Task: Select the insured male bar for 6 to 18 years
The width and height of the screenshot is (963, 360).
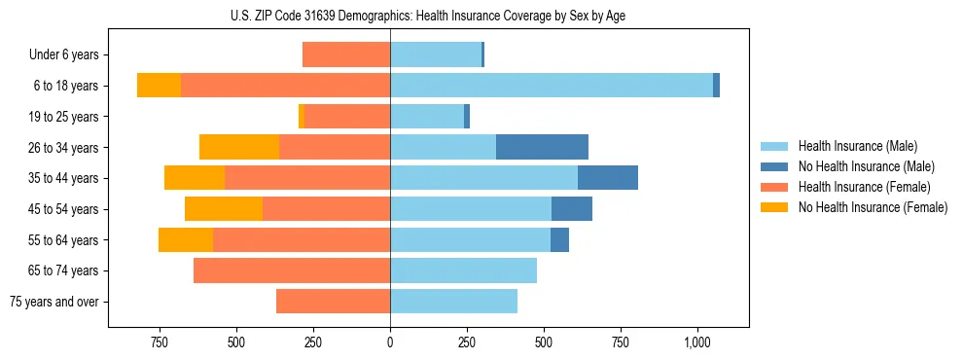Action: point(552,86)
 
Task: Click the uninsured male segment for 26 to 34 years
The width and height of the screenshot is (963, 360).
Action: point(542,147)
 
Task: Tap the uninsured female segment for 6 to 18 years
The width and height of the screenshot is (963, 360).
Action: point(159,86)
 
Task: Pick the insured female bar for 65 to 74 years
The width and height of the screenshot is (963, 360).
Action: point(292,270)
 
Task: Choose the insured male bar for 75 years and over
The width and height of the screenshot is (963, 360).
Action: point(453,302)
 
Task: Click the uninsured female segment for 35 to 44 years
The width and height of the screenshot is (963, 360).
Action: point(195,178)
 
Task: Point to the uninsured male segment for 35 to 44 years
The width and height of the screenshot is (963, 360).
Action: point(608,178)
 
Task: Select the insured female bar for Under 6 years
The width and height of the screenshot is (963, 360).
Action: point(346,54)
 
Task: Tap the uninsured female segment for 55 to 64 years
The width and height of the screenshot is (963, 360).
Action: point(186,239)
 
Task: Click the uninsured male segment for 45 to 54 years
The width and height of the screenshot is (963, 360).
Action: point(572,209)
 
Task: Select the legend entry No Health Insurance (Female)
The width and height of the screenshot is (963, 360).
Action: point(873,207)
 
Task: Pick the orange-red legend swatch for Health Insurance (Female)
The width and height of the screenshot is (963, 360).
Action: point(775,187)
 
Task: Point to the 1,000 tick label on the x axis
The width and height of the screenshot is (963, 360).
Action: point(697,342)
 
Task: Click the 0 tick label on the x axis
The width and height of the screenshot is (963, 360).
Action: point(390,342)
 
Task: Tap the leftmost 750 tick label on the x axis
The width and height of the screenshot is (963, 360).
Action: point(160,342)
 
